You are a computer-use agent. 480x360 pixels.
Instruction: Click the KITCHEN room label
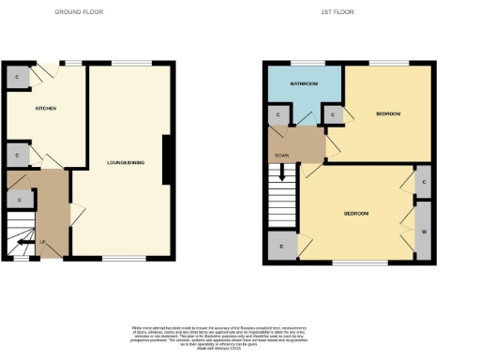point(46,109)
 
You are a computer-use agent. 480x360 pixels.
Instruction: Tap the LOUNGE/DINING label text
point(126,163)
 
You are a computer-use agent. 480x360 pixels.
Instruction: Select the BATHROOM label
point(303,84)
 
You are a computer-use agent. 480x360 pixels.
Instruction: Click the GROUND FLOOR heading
point(79,12)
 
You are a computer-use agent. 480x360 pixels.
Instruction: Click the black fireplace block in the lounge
point(167,160)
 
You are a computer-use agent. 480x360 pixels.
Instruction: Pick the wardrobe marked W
point(424,231)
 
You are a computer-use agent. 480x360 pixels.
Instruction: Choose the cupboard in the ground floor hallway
point(20,200)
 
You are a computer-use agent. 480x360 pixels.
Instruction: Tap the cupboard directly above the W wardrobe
point(424,183)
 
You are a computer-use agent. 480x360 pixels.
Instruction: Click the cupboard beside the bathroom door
point(280,115)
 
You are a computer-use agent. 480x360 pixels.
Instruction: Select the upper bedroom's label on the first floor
point(388,113)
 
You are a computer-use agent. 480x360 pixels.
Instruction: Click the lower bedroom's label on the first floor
point(355,214)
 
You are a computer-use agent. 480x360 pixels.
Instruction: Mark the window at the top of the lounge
point(125,64)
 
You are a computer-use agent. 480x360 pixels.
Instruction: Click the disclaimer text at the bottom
point(240,335)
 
